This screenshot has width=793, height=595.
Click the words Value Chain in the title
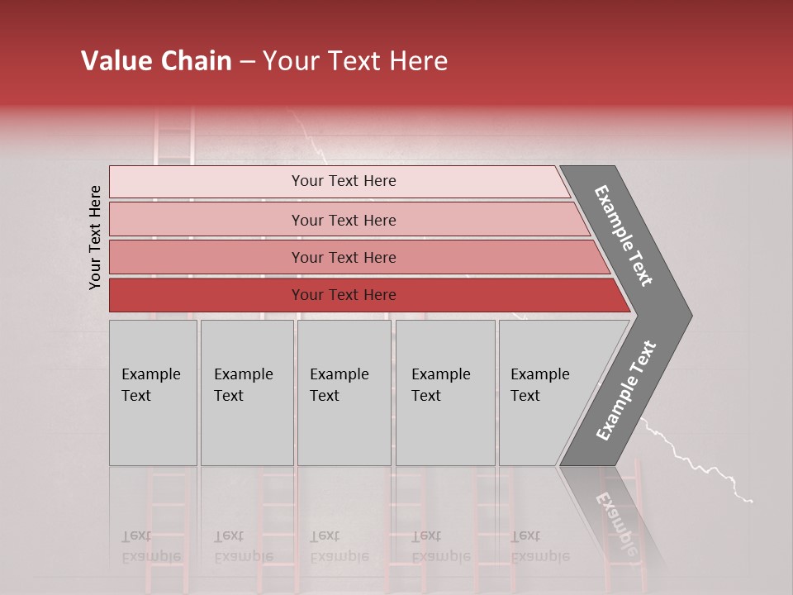[x=156, y=61]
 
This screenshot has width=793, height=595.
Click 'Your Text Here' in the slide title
[x=355, y=61]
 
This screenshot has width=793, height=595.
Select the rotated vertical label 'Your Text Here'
[x=95, y=237]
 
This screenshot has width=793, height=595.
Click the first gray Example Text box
[x=153, y=392]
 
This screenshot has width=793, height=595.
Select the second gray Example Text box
[x=246, y=392]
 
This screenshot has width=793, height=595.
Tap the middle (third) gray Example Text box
[x=344, y=392]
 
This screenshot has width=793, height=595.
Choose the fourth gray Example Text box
[x=444, y=392]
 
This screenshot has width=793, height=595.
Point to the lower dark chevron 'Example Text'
[x=626, y=391]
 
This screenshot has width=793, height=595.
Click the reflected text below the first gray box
[x=150, y=546]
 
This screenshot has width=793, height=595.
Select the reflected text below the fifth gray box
[x=539, y=546]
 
